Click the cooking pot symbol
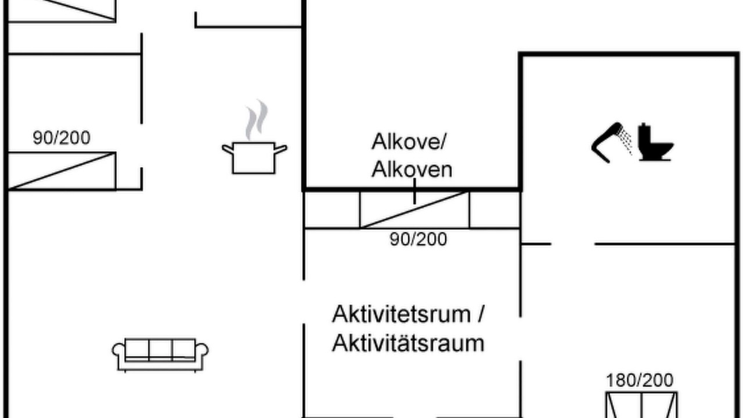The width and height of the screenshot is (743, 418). tap(254, 158)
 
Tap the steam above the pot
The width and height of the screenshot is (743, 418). tap(257, 120)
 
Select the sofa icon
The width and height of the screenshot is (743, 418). tap(160, 355)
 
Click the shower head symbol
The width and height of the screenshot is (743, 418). tap(607, 143)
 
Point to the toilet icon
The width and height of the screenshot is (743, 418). tap(656, 142)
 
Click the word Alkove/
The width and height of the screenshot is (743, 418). tap(409, 142)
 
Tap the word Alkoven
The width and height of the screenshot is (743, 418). tap(412, 170)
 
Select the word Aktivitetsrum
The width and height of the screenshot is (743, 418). tap(401, 314)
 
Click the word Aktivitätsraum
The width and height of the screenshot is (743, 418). tap(408, 343)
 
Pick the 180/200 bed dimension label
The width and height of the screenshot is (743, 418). tap(640, 380)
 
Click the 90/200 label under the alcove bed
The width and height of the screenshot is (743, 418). tap(419, 239)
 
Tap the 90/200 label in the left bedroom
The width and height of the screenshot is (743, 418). tap(62, 138)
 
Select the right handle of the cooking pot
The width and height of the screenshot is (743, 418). tap(280, 149)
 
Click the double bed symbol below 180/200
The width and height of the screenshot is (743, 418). tap(641, 405)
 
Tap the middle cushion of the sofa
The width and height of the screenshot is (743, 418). tap(161, 349)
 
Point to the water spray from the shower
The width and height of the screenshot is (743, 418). tap(625, 141)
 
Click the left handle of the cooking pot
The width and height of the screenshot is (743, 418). tap(228, 149)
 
